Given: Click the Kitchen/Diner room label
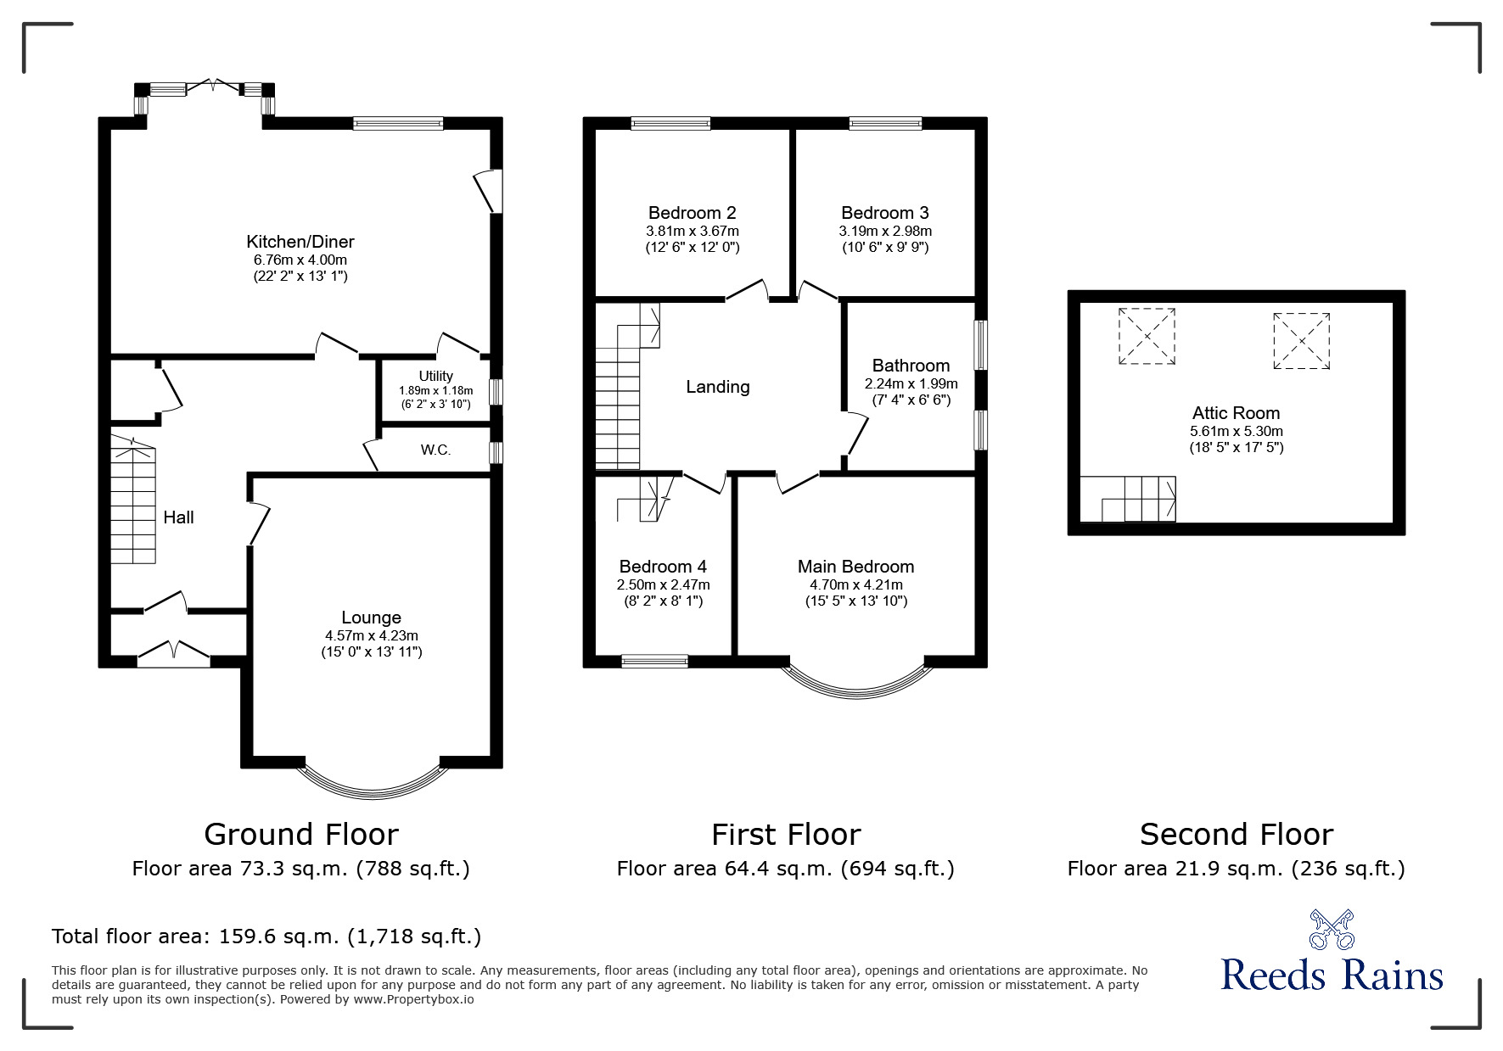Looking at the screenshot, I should click(x=300, y=242).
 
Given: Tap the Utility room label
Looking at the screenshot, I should click(x=435, y=376).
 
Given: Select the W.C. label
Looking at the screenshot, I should click(x=435, y=450).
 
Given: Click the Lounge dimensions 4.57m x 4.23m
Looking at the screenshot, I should click(x=372, y=635).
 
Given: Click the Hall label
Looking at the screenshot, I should click(x=178, y=517).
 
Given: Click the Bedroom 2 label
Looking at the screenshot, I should click(x=692, y=213).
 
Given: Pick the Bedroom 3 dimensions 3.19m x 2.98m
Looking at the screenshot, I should click(x=885, y=231).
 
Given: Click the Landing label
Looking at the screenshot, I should click(x=717, y=387).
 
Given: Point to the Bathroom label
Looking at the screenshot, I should click(x=911, y=366).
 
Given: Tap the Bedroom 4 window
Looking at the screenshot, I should click(x=654, y=661).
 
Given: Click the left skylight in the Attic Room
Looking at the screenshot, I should click(x=1147, y=336).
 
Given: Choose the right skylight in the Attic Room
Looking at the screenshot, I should click(x=1301, y=341).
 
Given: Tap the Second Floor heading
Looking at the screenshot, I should click(x=1236, y=835).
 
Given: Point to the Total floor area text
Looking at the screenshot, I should click(x=266, y=936).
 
